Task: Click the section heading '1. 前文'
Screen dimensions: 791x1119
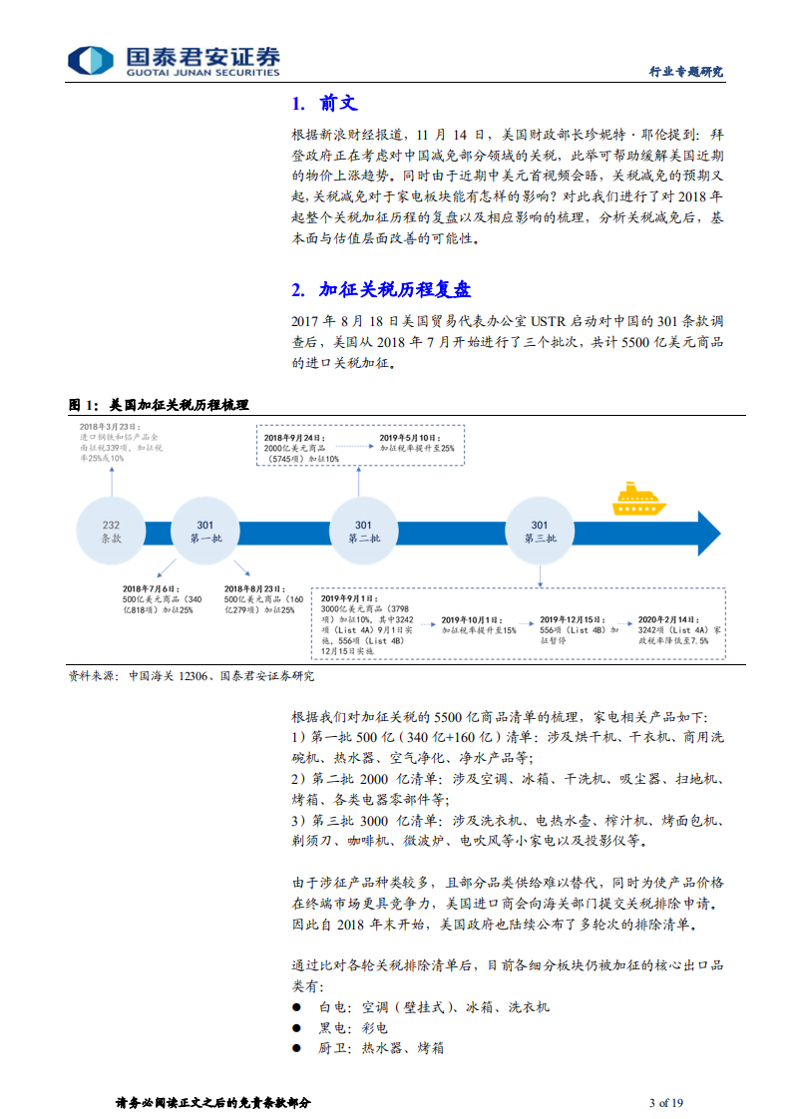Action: [323, 104]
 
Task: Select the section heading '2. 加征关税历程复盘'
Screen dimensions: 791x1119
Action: [381, 290]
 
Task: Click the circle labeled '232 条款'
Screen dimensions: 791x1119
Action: [112, 532]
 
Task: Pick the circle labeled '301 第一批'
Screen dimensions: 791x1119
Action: [204, 532]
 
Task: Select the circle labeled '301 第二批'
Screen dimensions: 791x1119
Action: [363, 532]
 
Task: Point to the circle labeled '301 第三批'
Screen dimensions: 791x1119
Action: [539, 532]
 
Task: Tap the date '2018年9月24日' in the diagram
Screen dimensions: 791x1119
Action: [293, 438]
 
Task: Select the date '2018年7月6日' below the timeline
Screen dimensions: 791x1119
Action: [149, 588]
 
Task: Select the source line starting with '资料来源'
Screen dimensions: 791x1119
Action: [191, 675]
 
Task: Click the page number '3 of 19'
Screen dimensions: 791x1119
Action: [665, 1102]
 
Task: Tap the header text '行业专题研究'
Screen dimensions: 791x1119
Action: [686, 72]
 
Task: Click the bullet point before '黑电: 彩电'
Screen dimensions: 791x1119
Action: [297, 1027]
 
